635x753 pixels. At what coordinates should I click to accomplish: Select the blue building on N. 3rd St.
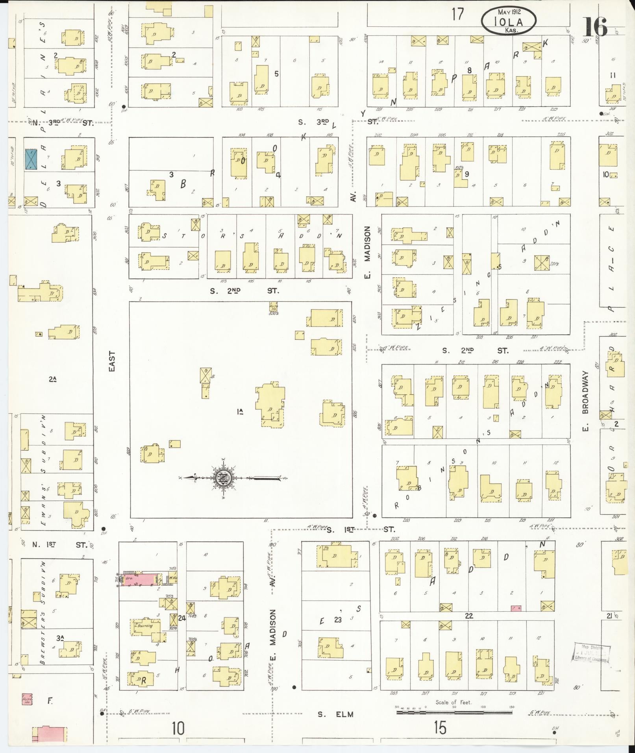point(31,159)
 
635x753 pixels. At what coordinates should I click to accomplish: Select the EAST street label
point(112,361)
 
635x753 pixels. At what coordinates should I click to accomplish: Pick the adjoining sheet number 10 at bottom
point(178,728)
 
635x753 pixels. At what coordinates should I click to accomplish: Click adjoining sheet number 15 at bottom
point(440,728)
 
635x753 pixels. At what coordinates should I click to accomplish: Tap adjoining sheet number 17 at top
point(457,14)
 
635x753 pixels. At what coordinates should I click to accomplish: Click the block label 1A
point(240,412)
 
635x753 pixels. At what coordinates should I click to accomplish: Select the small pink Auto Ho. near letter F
point(27,699)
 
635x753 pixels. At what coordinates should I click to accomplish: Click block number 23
point(338,620)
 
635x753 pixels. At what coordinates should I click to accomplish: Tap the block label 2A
point(52,379)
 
